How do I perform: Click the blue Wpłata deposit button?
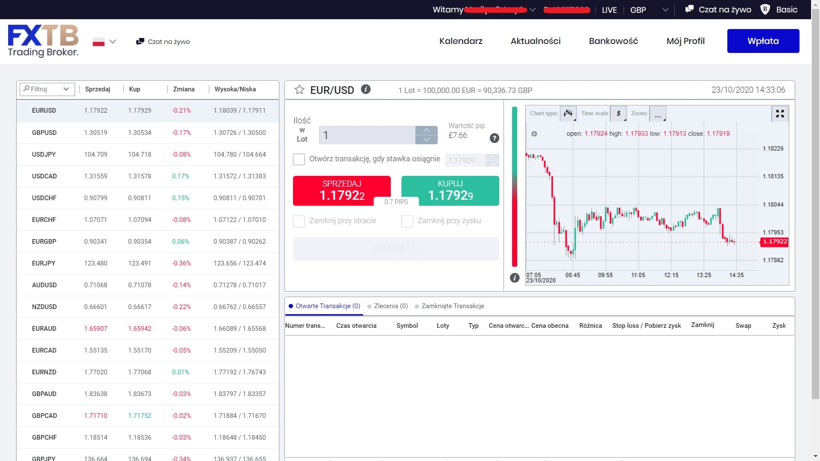point(763,41)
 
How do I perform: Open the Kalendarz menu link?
point(461,41)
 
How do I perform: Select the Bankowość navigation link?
point(613,41)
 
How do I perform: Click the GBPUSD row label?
point(44,132)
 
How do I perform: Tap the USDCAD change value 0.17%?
point(181,176)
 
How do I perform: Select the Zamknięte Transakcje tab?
point(452,306)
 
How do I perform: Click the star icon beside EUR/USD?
point(299,90)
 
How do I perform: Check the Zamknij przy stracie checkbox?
point(299,221)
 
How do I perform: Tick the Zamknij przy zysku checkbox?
point(407,221)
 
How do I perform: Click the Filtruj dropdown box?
point(47,89)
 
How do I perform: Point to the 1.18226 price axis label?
point(773,149)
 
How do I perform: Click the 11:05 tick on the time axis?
point(638,275)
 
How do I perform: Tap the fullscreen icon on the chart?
point(780,114)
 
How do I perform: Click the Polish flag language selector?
point(99,42)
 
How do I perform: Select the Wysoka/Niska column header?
point(235,89)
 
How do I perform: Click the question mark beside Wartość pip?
point(494,138)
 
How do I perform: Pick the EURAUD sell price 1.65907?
point(96,328)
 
